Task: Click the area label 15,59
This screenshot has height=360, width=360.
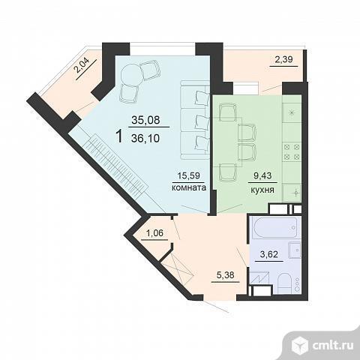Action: pos(189,175)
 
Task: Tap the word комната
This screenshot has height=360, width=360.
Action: pos(189,187)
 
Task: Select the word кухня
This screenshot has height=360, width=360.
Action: pos(262,190)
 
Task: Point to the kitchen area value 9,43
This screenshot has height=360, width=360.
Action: pos(262,175)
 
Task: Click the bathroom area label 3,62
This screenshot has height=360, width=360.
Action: pos(269,254)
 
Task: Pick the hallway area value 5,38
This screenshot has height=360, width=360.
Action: pos(226,275)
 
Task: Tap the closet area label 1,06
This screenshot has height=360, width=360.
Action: pos(154,233)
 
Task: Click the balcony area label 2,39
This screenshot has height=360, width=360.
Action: pos(283,59)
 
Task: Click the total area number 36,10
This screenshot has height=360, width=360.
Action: pos(145,138)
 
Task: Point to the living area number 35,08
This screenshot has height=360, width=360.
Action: pos(145,120)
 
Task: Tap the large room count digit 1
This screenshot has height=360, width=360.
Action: pos(120,136)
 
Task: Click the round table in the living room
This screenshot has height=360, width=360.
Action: pos(132,74)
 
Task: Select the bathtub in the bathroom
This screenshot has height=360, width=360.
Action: pos(274,228)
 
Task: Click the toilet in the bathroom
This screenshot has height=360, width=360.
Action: pos(285,283)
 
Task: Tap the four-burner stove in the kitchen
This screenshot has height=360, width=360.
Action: pos(292,152)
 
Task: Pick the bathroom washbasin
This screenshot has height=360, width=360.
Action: pos(295,250)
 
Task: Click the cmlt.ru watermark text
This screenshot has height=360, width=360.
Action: pos(333,345)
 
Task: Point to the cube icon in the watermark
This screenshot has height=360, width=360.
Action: pos(300,345)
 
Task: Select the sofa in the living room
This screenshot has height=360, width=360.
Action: pos(195,120)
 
